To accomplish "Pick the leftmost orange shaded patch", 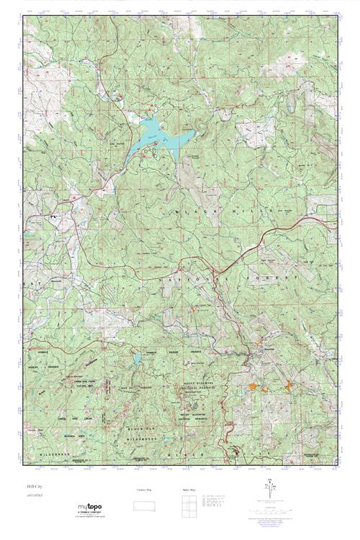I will coord(252,387).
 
